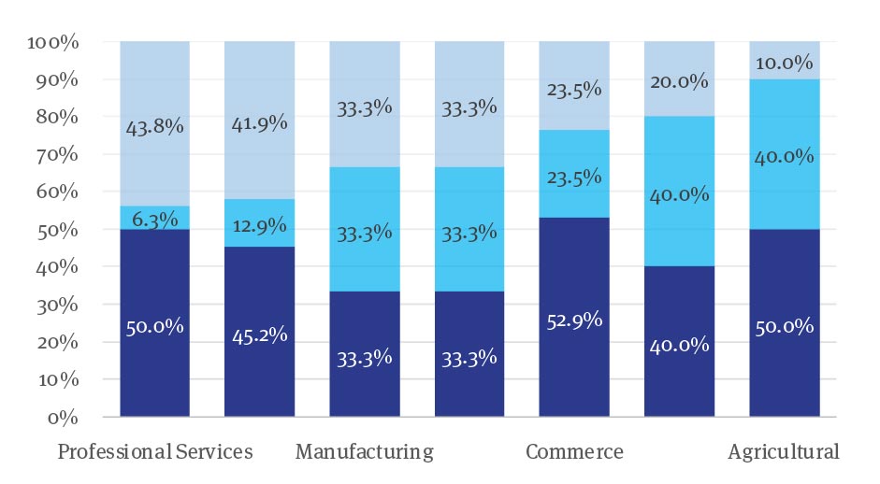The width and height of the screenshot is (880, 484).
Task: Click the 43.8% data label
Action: [x=154, y=127]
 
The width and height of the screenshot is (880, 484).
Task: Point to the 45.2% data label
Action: [x=259, y=335]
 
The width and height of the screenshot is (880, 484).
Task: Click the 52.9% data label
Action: [x=574, y=320]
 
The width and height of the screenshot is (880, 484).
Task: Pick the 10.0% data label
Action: [x=785, y=64]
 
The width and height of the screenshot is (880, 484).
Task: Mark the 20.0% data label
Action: [x=680, y=82]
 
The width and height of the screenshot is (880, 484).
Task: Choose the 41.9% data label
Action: [x=259, y=123]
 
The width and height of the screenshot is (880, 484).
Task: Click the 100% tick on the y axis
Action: [x=53, y=42]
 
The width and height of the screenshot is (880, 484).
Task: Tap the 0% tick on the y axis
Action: [x=63, y=417]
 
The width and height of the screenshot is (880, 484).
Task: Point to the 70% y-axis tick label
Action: [x=58, y=154]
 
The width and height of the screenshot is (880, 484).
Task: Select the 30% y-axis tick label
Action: [x=58, y=305]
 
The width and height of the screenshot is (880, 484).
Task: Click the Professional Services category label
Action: [x=155, y=452]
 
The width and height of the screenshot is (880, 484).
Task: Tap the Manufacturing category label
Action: [x=365, y=452]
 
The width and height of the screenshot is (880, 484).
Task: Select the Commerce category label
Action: [x=574, y=452]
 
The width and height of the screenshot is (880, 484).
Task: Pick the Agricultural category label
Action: [x=784, y=452]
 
